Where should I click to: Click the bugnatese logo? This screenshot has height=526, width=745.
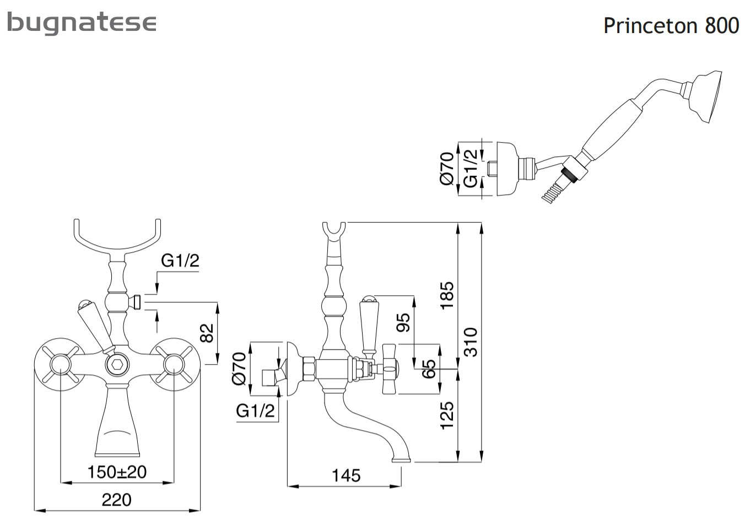(82, 23)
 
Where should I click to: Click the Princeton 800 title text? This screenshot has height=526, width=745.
(671, 25)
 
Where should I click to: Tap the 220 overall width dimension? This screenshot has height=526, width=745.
(117, 500)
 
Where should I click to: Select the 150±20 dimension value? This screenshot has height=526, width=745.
(117, 472)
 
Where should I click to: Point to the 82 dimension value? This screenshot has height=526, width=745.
(207, 333)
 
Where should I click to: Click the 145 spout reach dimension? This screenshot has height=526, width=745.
(346, 475)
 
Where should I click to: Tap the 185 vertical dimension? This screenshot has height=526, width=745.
(447, 295)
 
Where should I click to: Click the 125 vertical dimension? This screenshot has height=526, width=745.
(447, 415)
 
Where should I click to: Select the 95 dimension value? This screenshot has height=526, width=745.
(404, 323)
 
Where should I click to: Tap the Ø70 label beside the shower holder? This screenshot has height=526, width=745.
(447, 169)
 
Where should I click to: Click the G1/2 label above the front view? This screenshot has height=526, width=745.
(180, 260)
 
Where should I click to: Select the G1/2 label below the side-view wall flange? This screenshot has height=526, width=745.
(255, 410)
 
